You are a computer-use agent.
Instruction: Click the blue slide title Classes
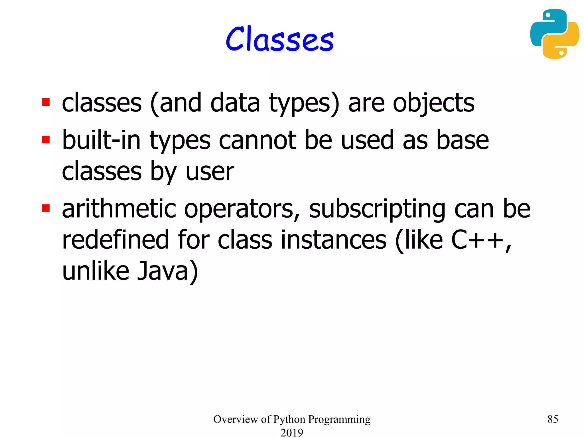point(279,39)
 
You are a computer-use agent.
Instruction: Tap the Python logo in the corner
point(554,34)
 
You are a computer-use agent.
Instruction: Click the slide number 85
point(553,419)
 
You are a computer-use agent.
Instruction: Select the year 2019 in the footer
point(292,432)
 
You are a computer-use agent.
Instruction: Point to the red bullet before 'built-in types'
point(46,140)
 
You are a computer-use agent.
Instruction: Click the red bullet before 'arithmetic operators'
point(46,208)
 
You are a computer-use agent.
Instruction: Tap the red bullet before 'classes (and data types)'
point(46,102)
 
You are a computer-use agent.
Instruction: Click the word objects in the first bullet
point(433,103)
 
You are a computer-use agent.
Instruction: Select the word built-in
point(101,140)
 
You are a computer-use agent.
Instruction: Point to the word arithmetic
point(119,209)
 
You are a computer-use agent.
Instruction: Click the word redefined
point(115,240)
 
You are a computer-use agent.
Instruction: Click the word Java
point(163,271)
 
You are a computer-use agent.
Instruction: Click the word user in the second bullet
point(210,172)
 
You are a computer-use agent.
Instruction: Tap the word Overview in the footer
point(236,419)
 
